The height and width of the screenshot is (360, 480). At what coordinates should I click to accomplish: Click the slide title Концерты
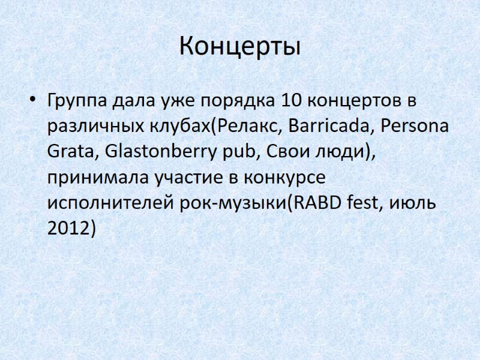(239, 47)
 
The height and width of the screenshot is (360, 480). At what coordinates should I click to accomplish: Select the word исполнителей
(110, 204)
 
